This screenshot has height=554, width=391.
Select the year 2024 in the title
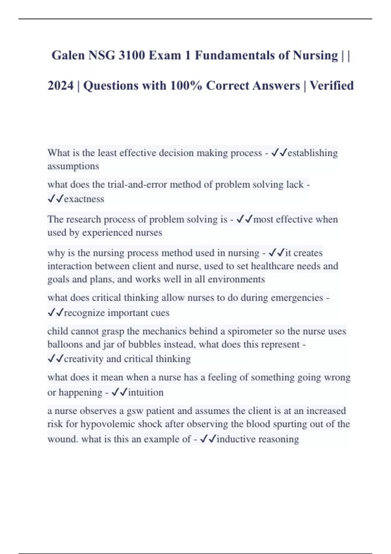(61, 86)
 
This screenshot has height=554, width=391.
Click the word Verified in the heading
(331, 86)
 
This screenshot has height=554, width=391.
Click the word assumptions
(73, 166)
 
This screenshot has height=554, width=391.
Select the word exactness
(84, 199)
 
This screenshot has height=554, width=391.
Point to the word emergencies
(297, 298)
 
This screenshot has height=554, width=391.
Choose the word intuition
(146, 392)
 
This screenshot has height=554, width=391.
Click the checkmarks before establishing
(279, 153)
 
